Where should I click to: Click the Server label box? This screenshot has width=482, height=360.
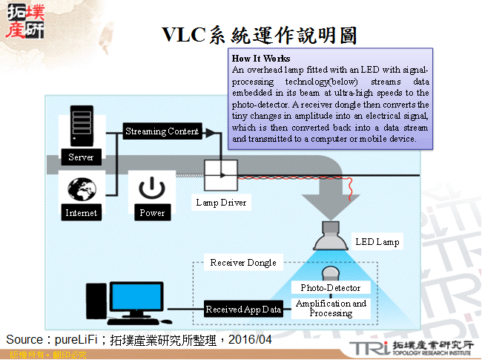pyautogui.click(x=81, y=157)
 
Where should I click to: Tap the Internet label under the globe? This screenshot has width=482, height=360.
pyautogui.click(x=81, y=213)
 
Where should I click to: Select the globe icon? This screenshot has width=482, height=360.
pyautogui.click(x=80, y=191)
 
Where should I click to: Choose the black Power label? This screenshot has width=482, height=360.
pyautogui.click(x=152, y=213)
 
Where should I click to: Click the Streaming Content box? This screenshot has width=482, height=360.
pyautogui.click(x=161, y=131)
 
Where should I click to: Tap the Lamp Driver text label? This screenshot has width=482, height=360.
pyautogui.click(x=221, y=202)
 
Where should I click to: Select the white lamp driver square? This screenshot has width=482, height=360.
pyautogui.click(x=221, y=176)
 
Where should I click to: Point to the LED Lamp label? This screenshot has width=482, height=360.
pyautogui.click(x=377, y=242)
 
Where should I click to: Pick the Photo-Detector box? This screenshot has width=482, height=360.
pyautogui.click(x=331, y=287)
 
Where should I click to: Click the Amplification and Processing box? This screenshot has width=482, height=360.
pyautogui.click(x=331, y=309)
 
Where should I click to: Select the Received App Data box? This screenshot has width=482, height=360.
pyautogui.click(x=243, y=310)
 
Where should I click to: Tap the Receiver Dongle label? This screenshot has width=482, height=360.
pyautogui.click(x=243, y=263)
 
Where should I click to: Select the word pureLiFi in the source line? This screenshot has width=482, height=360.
pyautogui.click(x=78, y=339)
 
